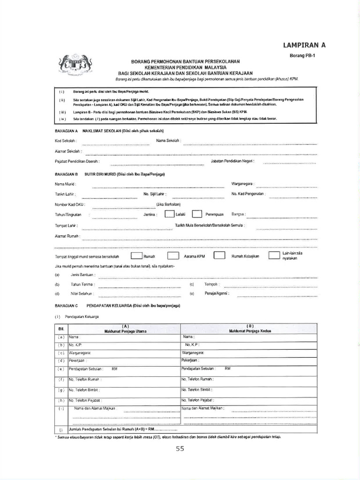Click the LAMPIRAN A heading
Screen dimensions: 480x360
point(304,45)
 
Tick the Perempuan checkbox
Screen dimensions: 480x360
point(197,214)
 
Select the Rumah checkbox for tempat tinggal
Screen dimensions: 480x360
point(136,256)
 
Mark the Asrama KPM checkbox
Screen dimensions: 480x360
point(173,256)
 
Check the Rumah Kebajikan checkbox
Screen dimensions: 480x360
point(219,256)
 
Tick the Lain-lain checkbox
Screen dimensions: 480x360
point(274,256)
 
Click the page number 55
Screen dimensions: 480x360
point(180,449)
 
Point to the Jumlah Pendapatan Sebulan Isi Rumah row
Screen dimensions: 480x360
point(117,430)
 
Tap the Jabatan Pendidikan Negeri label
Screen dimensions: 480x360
point(232,162)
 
